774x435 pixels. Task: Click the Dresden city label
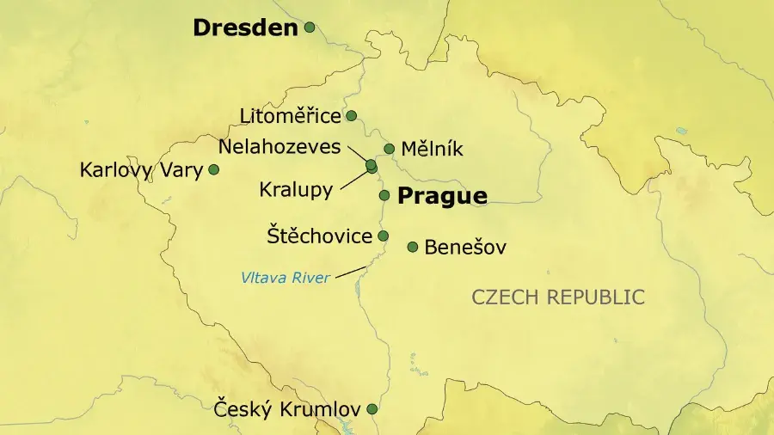(245, 28)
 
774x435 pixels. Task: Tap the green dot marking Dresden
(310, 28)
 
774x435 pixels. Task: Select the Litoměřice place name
(291, 115)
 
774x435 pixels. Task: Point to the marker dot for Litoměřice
(351, 115)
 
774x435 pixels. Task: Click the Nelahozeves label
(279, 146)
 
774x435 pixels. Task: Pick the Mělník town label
(432, 150)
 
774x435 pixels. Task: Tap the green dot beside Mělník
(389, 149)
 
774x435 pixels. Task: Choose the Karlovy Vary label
(141, 170)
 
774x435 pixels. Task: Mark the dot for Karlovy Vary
(214, 169)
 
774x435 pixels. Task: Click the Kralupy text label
(296, 190)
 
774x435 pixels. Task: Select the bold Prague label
(442, 196)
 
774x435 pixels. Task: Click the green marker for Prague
(384, 195)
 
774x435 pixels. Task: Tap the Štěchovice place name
(319, 236)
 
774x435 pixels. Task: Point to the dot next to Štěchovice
(384, 236)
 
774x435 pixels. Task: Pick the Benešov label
(466, 248)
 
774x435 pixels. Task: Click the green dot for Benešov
(413, 247)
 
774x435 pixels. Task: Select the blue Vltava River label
(285, 277)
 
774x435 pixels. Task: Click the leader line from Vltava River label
(348, 273)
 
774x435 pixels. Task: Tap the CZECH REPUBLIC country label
(558, 297)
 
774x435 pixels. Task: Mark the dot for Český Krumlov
(372, 409)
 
